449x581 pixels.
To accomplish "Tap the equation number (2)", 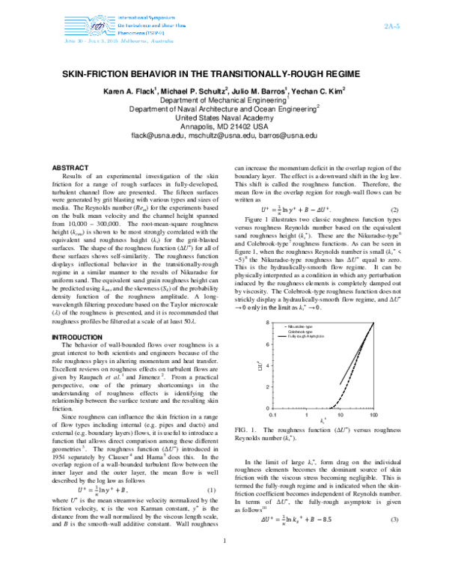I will tap(394, 209).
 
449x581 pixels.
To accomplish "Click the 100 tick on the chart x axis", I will tap(374, 414).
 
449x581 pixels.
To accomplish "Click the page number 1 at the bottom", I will tap(225, 562).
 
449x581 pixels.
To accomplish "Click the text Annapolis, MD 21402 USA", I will tap(224, 127).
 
